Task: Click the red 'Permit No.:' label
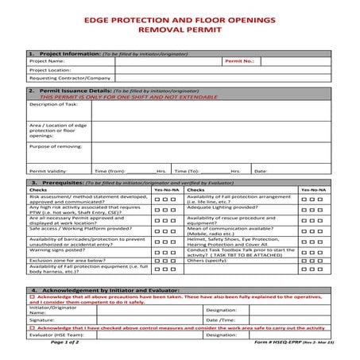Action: [239, 60]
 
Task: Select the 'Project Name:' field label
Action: [46, 60]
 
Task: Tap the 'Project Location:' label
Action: [50, 69]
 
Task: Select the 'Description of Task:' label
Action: [54, 104]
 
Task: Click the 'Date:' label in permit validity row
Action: [261, 171]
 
